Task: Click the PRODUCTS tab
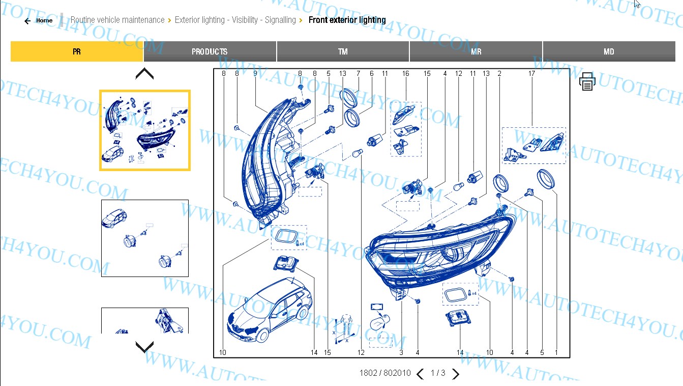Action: tap(210, 51)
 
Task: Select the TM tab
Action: tap(343, 51)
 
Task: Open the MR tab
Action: tap(476, 51)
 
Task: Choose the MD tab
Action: tap(609, 51)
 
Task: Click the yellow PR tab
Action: tap(77, 51)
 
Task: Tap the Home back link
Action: tap(39, 21)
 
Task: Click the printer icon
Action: tap(587, 81)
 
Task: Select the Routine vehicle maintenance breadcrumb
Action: tap(117, 20)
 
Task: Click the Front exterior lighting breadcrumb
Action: tap(347, 20)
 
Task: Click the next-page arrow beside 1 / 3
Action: tap(456, 374)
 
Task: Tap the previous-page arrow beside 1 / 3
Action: tap(420, 374)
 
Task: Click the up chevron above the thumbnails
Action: tap(144, 74)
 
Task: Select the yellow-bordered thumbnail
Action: tap(145, 130)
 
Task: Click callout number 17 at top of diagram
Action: tap(531, 74)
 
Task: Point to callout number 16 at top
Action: tap(405, 74)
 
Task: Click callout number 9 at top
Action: tap(255, 74)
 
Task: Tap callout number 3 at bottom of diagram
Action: tap(401, 352)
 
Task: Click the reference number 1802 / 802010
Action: tap(384, 373)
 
